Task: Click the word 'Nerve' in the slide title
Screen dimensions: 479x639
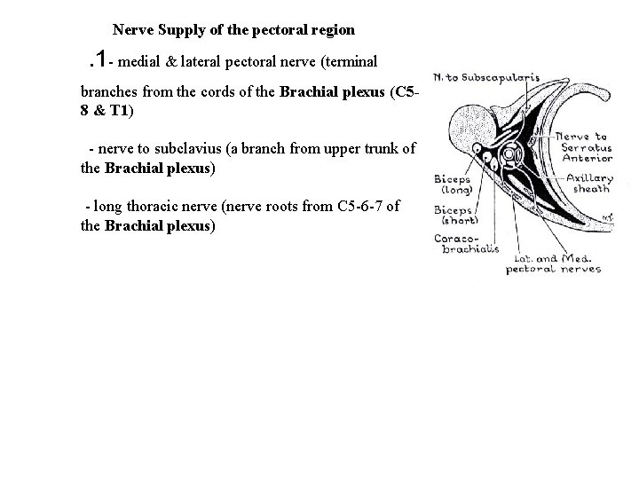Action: pos(132,29)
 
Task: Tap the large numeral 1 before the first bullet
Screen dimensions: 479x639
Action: pos(105,59)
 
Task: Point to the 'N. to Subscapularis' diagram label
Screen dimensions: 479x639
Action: pos(485,78)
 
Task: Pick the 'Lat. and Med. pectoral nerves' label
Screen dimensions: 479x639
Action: pos(553,263)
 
